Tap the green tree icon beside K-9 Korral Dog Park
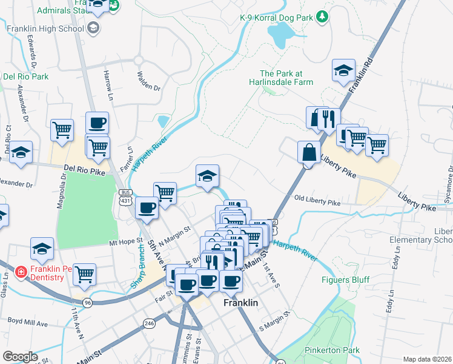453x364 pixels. (x=323, y=16)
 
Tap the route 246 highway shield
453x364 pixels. (x=149, y=324)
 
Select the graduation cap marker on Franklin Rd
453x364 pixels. (x=343, y=70)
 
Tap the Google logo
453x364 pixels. (x=21, y=357)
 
